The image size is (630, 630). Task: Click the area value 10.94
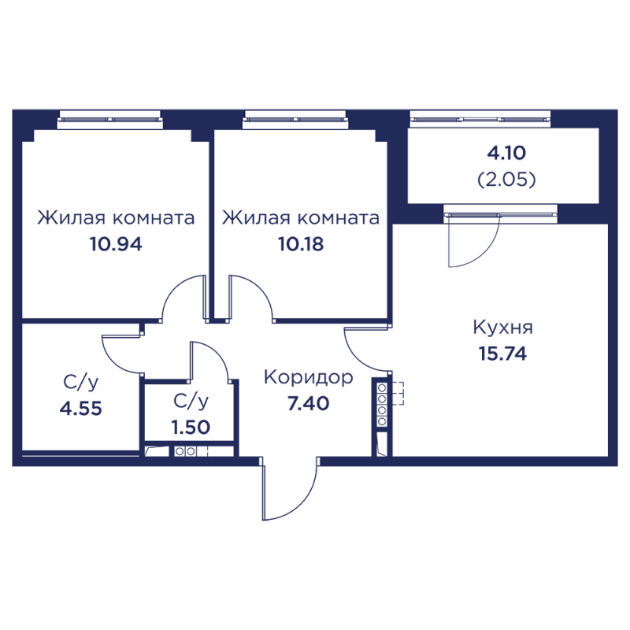[x=116, y=244]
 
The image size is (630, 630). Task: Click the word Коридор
[x=308, y=377]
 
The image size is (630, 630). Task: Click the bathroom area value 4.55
[x=80, y=409]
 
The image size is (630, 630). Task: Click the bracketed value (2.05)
[x=506, y=180]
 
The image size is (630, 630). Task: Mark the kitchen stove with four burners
[x=384, y=402]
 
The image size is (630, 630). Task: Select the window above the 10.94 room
[x=110, y=119]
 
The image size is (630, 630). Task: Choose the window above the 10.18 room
[x=295, y=119]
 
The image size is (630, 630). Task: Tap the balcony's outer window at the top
[x=480, y=119]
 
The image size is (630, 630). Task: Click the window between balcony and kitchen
[x=500, y=210]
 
